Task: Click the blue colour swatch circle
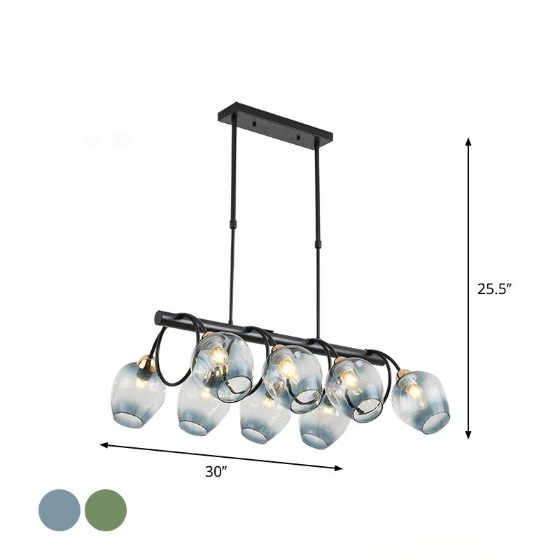(x=59, y=510)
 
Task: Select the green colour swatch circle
(x=106, y=510)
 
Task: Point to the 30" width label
(x=217, y=472)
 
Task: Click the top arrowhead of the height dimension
(x=468, y=143)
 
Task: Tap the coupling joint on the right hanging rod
(x=318, y=243)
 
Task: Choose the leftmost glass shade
(x=137, y=396)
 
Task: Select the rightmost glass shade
(x=421, y=404)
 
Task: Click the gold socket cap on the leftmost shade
(x=146, y=364)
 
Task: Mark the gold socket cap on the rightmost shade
(x=404, y=374)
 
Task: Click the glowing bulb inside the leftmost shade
(x=141, y=383)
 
